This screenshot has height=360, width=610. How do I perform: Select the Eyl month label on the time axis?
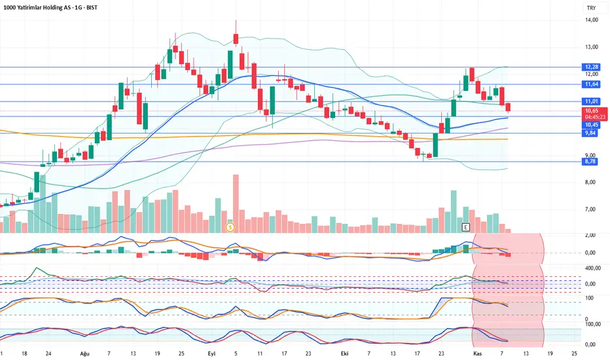tap(211, 352)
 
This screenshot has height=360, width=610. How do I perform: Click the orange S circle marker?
tap(230, 227)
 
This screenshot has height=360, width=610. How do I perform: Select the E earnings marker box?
tap(465, 227)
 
